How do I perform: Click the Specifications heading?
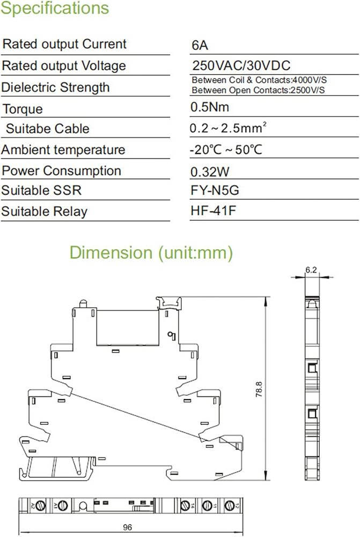(55, 8)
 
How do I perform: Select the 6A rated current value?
(200, 45)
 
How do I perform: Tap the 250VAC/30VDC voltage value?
(241, 66)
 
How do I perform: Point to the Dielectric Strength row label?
(55, 88)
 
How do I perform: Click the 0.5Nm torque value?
(210, 107)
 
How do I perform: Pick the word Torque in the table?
(23, 109)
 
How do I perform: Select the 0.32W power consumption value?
(210, 172)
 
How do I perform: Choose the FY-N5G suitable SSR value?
(215, 190)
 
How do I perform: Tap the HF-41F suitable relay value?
(214, 211)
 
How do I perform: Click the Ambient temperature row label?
(63, 150)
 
